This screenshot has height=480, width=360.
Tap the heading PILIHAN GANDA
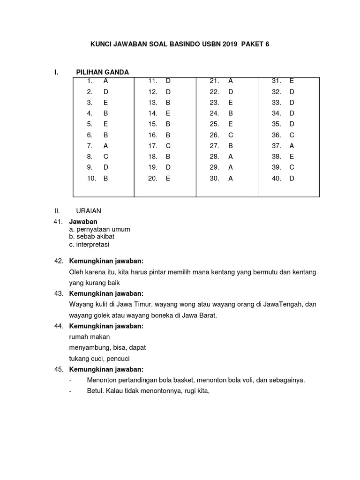point(102,72)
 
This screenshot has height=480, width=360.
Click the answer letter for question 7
point(105,146)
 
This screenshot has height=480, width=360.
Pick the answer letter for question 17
point(168,146)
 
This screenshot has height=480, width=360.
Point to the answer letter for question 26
point(230,135)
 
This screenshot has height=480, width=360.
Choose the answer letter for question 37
point(292,146)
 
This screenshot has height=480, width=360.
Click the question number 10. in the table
point(91,179)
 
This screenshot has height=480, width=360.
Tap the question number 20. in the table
point(153,179)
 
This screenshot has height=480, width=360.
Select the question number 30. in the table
point(215,179)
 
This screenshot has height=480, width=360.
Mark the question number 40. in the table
point(277,179)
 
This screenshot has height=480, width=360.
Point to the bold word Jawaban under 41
point(83,222)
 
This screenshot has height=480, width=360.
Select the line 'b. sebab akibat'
point(91,236)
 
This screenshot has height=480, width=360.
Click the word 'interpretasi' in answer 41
point(94,244)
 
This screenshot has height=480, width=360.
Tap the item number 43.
point(59,293)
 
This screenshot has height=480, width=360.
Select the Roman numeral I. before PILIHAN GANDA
point(56,72)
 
